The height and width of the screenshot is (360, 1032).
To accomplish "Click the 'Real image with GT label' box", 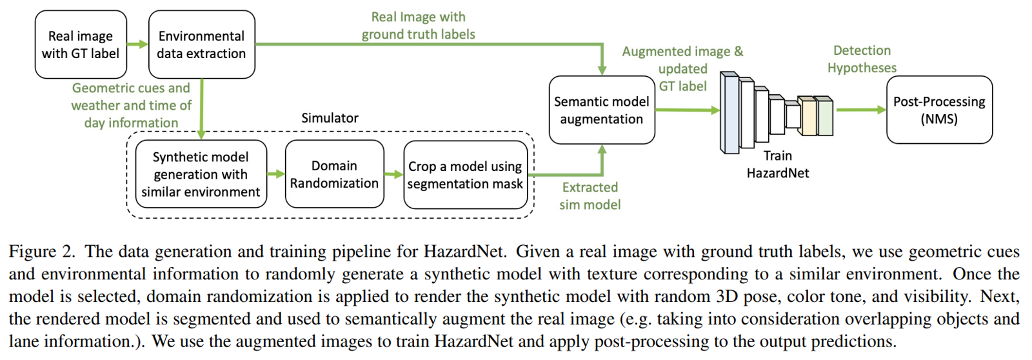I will click(x=81, y=45).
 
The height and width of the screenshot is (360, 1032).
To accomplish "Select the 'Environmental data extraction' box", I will click(x=201, y=45).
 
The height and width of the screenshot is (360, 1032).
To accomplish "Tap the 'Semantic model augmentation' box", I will click(x=601, y=110).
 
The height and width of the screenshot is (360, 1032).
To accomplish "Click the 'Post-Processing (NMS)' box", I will click(x=938, y=110).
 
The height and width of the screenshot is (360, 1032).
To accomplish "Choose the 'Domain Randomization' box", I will click(x=334, y=174).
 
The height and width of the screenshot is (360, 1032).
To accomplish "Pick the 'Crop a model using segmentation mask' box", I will click(x=465, y=175).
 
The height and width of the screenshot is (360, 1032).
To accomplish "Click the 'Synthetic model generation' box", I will click(x=201, y=174).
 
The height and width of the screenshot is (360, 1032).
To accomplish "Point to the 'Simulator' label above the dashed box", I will click(x=330, y=118).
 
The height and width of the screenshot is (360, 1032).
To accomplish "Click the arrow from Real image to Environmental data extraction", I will click(x=137, y=45).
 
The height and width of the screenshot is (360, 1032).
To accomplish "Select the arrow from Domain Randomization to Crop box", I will click(x=393, y=174).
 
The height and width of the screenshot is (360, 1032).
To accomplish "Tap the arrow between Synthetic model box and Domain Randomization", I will click(x=276, y=174).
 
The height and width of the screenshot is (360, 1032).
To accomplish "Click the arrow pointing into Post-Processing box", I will click(x=861, y=110).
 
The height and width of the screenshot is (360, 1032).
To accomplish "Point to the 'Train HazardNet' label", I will click(x=777, y=165).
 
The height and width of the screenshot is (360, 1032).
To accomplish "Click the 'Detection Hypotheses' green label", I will click(x=862, y=59).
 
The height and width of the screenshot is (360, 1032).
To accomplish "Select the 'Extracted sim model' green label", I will click(x=590, y=196).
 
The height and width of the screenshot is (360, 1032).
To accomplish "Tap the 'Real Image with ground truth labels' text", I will click(x=418, y=26).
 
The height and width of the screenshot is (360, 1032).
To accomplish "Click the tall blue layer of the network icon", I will click(x=730, y=113).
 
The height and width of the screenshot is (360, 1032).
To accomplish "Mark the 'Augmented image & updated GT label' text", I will click(x=682, y=68).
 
